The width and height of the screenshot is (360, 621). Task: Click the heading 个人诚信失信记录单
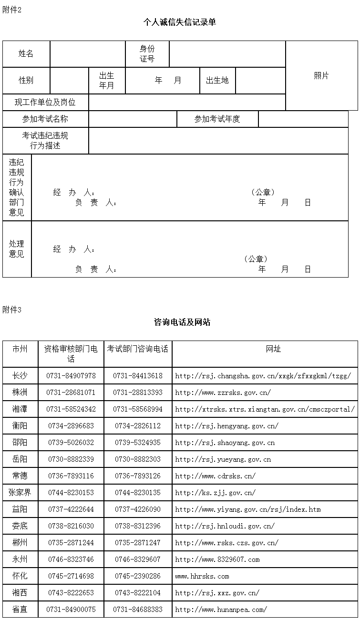coord(180,22)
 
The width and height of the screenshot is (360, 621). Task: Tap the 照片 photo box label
coord(321,76)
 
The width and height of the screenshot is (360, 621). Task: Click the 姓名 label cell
coord(26,54)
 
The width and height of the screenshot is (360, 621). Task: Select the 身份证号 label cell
coord(147,54)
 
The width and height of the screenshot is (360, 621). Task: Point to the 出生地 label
coord(217,81)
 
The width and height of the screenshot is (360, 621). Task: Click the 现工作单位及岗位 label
coord(45,102)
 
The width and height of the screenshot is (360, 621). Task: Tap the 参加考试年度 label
coord(217,119)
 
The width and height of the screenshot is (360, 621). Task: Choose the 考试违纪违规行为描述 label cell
coord(45,140)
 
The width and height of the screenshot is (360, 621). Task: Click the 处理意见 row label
coord(17,249)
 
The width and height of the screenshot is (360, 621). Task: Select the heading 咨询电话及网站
coord(182,322)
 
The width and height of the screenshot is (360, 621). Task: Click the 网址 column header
coord(274,349)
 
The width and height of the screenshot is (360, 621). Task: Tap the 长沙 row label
coord(20,376)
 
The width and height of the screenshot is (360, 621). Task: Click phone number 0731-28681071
coord(71,393)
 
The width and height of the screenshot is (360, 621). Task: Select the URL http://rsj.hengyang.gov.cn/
coord(227,426)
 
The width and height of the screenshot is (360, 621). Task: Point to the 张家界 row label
coord(20,493)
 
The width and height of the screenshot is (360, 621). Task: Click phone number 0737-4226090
coord(138,509)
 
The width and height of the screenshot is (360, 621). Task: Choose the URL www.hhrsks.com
coord(202,576)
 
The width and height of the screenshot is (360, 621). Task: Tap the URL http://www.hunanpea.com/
coord(221,610)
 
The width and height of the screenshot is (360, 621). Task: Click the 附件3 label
coord(12,310)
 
